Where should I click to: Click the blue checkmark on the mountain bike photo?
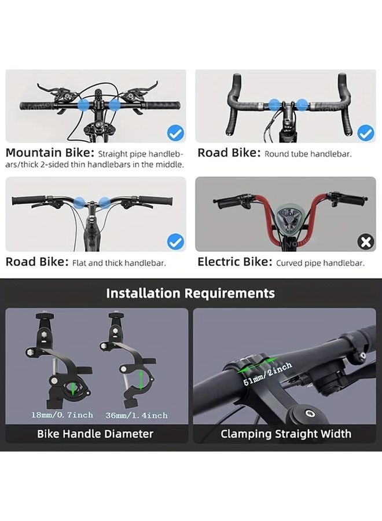click(175, 134)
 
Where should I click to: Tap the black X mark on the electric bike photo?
click(366, 242)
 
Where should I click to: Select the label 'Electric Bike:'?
click(234, 262)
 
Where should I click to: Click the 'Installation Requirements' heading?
click(190, 293)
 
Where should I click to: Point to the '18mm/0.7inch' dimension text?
click(62, 415)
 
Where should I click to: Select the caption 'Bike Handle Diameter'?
click(95, 434)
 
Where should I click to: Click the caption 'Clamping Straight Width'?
click(286, 434)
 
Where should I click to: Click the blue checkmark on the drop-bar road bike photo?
click(365, 134)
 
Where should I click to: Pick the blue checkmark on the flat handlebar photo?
click(175, 242)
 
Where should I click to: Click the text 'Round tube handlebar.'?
click(308, 155)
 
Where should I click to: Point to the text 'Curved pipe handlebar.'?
click(320, 263)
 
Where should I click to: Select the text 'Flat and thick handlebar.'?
click(119, 263)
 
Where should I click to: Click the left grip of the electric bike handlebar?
click(227, 204)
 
